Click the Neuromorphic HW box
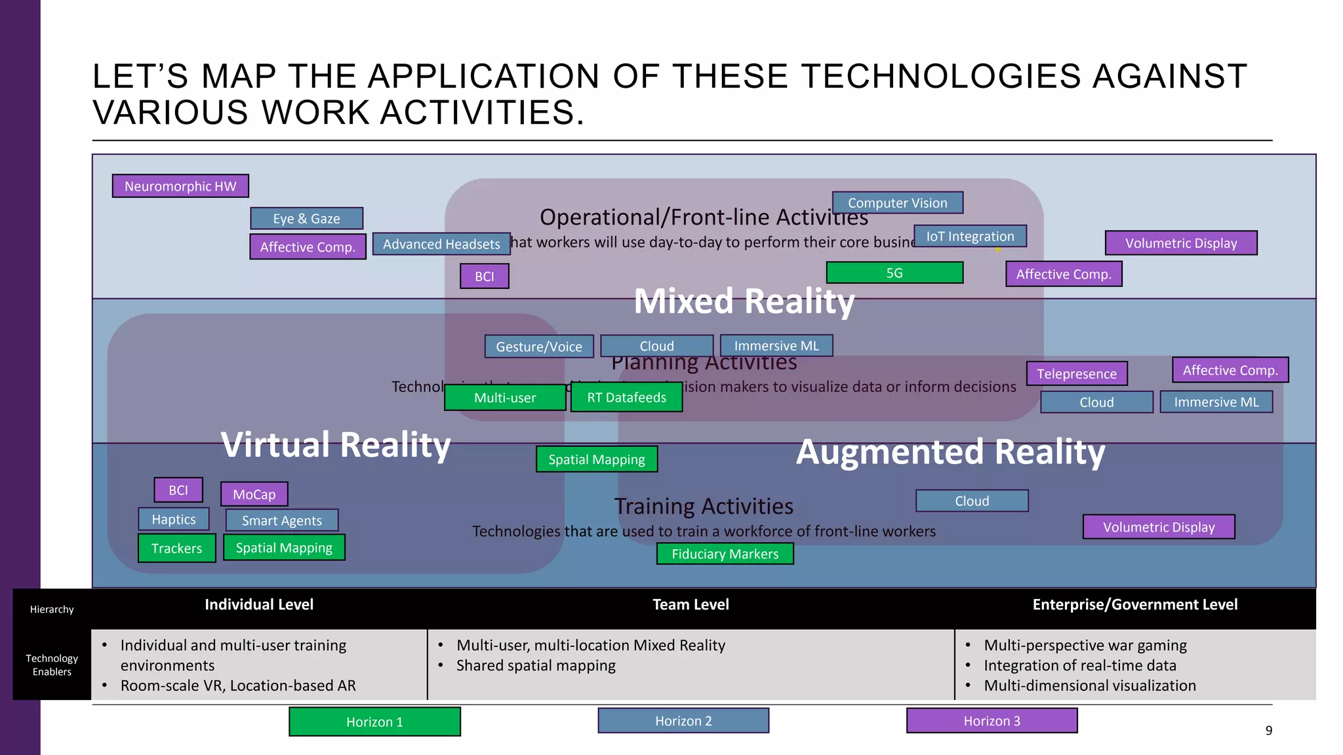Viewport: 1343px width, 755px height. (180, 186)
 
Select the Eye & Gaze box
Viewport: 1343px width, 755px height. (306, 218)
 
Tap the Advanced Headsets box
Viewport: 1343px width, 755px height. (441, 244)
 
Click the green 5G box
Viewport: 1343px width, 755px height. (894, 273)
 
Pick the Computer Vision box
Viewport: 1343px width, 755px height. (897, 203)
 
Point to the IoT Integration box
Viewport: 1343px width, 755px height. (970, 236)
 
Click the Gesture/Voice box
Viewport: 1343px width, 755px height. (538, 346)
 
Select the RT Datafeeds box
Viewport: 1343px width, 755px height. (626, 397)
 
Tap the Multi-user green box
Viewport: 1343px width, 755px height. (504, 397)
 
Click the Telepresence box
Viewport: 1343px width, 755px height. (1076, 374)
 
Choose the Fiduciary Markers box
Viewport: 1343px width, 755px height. (725, 554)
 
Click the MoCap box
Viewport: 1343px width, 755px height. (254, 494)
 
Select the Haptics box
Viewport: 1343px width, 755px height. (174, 519)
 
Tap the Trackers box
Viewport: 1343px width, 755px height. (176, 548)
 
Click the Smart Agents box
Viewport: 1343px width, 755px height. (281, 520)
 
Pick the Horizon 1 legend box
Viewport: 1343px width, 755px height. (374, 722)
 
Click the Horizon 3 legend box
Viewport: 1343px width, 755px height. (992, 721)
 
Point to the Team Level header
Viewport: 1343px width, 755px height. (691, 604)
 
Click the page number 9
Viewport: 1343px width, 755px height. (1268, 730)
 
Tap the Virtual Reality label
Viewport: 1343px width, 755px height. (336, 445)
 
